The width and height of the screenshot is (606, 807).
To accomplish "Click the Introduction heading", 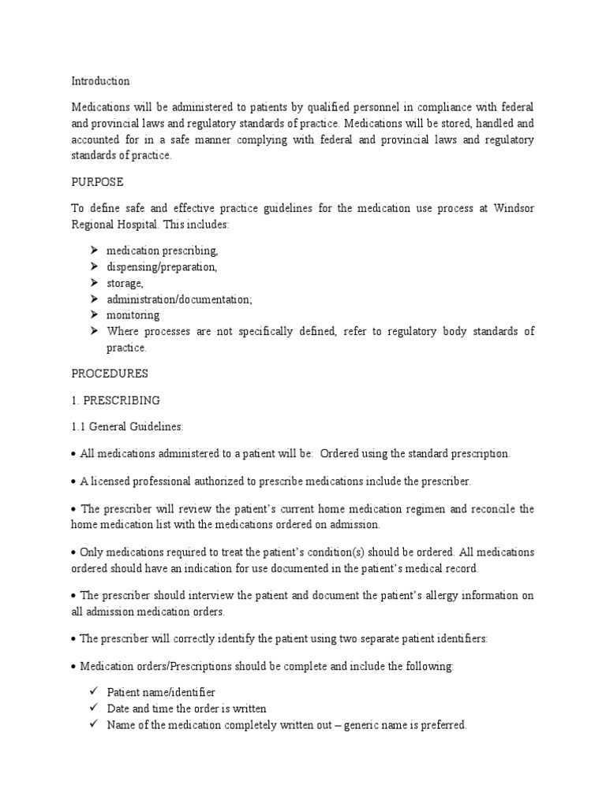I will [100, 81].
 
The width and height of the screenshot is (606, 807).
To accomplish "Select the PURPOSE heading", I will [97, 182].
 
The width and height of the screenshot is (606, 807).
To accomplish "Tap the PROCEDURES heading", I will [109, 373].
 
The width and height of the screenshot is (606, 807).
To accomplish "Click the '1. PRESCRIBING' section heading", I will [115, 400].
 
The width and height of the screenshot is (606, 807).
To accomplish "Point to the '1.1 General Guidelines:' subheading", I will [127, 426].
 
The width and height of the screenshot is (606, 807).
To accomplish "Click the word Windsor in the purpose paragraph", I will [513, 209].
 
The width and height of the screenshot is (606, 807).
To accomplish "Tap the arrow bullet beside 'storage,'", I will [92, 283].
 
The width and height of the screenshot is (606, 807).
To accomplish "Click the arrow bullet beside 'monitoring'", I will [92, 314].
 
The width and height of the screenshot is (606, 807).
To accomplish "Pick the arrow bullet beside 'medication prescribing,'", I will [92, 251].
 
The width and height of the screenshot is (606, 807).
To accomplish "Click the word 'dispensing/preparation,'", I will [162, 267].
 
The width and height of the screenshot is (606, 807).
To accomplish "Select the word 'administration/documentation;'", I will [180, 299].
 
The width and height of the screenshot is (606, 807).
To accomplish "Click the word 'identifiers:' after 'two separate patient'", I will [463, 639].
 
